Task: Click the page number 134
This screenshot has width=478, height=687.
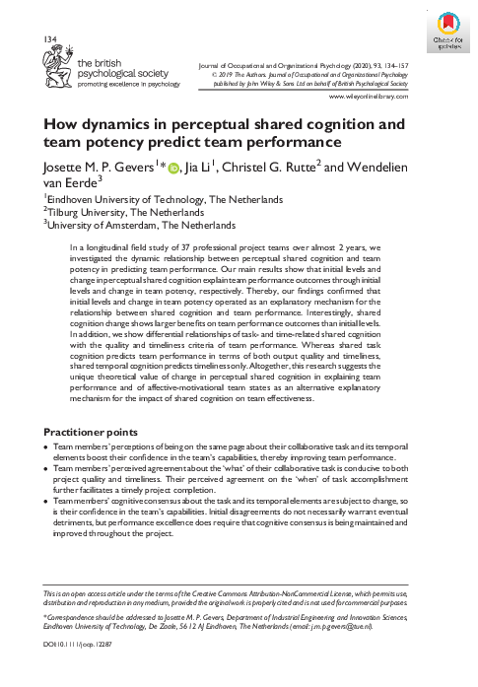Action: (49, 37)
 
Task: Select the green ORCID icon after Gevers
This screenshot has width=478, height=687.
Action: (172, 171)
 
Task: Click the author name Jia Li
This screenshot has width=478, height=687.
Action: (203, 170)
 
